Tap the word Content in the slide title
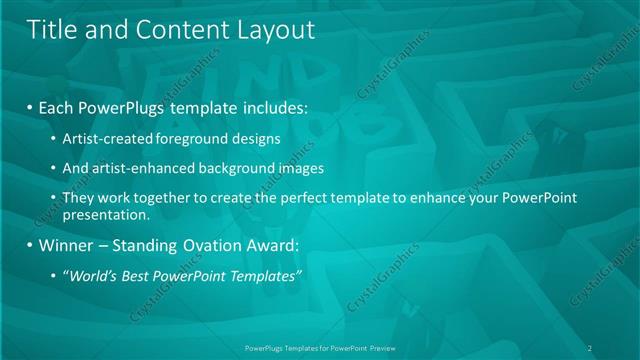point(176,30)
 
